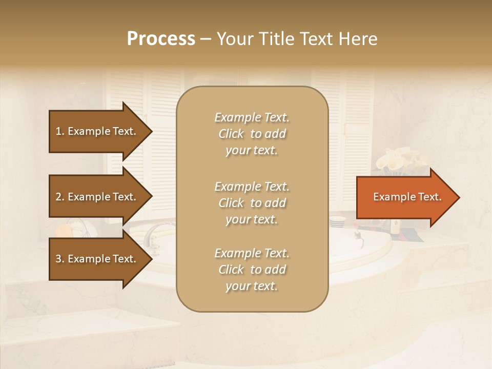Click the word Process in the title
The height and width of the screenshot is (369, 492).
pos(161,39)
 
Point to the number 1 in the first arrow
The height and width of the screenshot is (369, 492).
pos(58,131)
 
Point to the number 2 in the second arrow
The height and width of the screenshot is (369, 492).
pos(58,197)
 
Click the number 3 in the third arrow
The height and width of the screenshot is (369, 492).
pos(58,259)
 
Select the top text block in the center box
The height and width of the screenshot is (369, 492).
pos(252,134)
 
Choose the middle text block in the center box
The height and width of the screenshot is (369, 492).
pos(252,203)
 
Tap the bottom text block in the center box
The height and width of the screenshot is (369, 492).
pos(252,270)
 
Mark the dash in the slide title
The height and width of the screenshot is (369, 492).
pos(206,39)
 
